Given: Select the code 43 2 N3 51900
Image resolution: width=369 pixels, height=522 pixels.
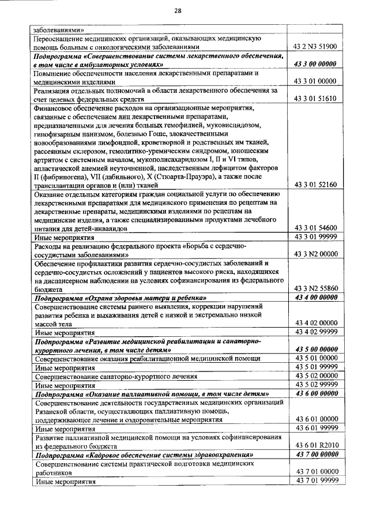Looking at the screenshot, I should (x=315, y=47).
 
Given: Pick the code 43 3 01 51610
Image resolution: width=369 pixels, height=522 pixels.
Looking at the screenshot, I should (x=315, y=99).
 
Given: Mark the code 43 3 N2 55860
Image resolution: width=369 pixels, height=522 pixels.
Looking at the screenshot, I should (x=315, y=288).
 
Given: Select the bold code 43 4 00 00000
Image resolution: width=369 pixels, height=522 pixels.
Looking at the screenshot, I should (x=315, y=298).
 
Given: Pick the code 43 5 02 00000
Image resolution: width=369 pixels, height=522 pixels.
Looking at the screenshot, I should (x=315, y=375).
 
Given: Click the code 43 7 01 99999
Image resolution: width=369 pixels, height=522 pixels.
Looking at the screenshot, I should (x=315, y=480).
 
